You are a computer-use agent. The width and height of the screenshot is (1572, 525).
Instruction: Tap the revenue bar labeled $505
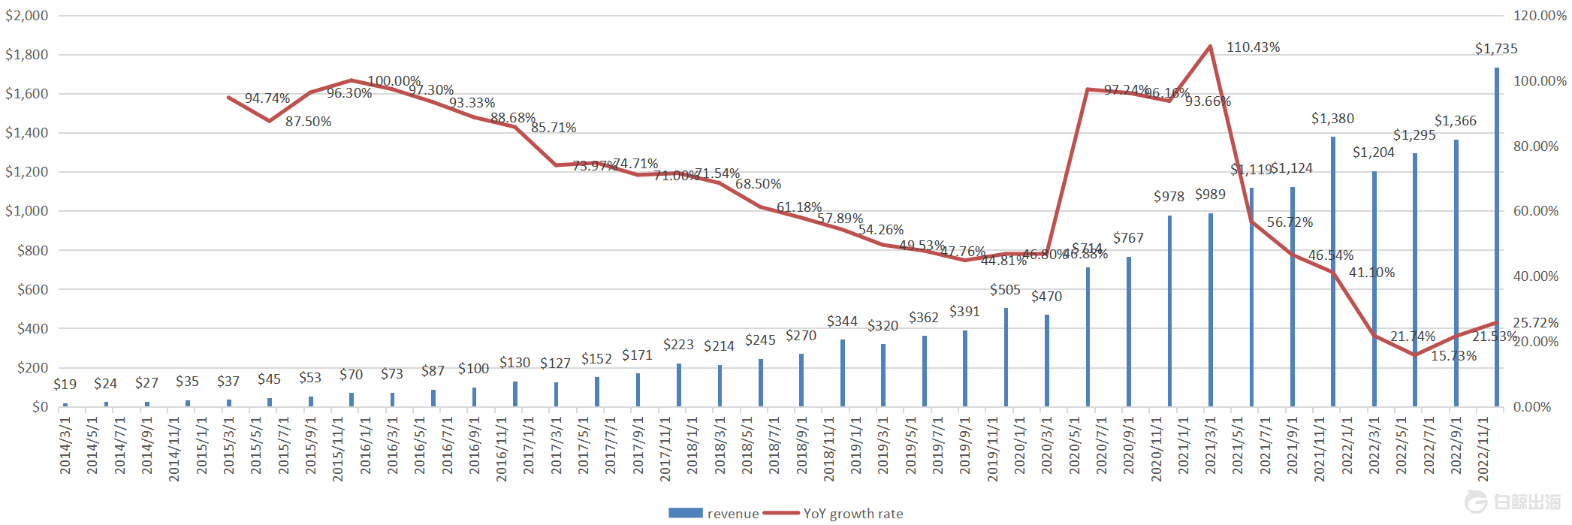point(1006,358)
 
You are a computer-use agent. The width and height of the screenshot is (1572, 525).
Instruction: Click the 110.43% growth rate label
point(1253,47)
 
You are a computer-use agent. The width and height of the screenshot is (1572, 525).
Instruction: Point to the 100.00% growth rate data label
point(394,81)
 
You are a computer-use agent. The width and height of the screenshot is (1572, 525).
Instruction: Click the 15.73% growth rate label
point(1453,356)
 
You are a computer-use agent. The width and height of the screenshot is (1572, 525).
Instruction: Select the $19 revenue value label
point(65,385)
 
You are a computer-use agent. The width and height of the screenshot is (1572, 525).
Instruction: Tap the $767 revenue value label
point(1128,238)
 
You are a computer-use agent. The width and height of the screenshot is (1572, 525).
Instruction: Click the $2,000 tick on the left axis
point(27,16)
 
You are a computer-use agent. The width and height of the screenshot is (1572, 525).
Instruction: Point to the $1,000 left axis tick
point(27,211)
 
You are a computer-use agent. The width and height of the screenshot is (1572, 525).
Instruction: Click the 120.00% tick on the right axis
point(1540,16)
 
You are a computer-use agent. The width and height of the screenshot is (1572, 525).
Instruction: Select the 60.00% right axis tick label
point(1536,211)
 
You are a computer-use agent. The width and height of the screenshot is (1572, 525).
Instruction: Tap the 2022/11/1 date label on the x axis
point(1483,448)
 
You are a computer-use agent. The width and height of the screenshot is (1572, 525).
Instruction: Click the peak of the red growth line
point(1210,47)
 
